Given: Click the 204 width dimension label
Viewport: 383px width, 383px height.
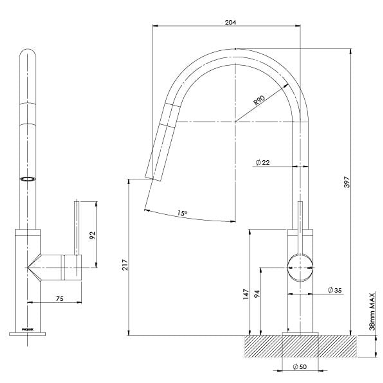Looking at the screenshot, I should pyautogui.click(x=231, y=22).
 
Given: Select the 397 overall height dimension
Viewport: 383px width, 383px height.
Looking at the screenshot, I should pyautogui.click(x=347, y=182).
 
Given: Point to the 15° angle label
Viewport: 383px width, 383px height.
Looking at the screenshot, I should pyautogui.click(x=182, y=213).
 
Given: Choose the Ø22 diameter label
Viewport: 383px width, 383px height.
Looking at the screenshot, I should pyautogui.click(x=263, y=162).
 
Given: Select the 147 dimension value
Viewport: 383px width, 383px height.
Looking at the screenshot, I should pyautogui.click(x=246, y=294).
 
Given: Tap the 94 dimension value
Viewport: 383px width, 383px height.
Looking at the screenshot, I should pyautogui.click(x=257, y=294).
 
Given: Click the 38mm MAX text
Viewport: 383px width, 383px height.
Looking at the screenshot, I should pyautogui.click(x=372, y=311).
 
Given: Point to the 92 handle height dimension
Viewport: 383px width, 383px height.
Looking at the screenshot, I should pyautogui.click(x=92, y=235).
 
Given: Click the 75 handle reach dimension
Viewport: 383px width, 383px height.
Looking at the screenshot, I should pyautogui.click(x=60, y=299).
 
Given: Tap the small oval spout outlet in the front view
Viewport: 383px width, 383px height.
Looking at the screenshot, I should pyautogui.click(x=28, y=179).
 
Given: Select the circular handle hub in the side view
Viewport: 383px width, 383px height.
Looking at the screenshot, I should pyautogui.click(x=300, y=268).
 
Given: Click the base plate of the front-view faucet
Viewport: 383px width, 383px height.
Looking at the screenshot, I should pyautogui.click(x=27, y=334).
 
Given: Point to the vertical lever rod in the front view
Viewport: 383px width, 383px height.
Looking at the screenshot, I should pyautogui.click(x=76, y=227).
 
